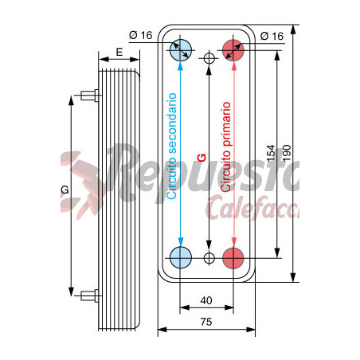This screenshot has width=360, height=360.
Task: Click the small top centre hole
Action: (209, 58)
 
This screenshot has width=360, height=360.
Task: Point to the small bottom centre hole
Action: (209, 258)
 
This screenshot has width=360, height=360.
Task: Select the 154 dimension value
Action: (270, 153)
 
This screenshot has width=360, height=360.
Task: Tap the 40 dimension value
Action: (207, 300)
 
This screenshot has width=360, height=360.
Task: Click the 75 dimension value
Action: (205, 323)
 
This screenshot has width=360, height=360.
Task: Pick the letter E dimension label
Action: (119, 52)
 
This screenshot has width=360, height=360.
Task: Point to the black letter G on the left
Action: (65, 191)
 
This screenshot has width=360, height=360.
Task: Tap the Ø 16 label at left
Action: (140, 37)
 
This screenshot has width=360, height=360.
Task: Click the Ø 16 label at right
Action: (272, 37)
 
